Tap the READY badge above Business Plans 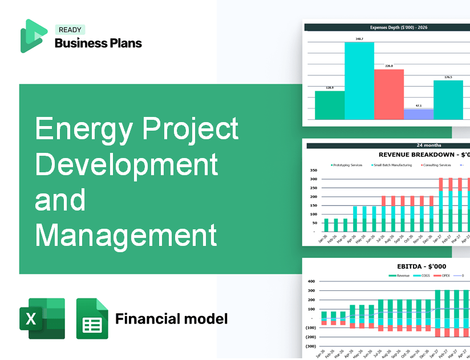coord(70,30)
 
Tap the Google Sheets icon coord(92,319)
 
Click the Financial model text coord(171,318)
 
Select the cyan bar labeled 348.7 coord(359,80)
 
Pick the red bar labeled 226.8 coord(388,94)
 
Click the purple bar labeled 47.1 coord(418,114)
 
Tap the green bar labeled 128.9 coord(330,105)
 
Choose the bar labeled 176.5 coord(448,100)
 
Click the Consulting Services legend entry coord(436,165)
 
